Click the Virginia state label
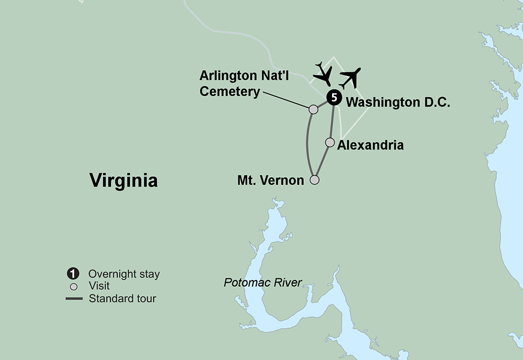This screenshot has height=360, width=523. [x=123, y=181]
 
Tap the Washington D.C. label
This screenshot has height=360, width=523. [x=398, y=102]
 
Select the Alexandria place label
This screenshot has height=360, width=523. [x=370, y=145]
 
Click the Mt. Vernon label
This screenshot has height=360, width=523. [x=270, y=181]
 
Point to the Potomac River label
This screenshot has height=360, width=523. [x=263, y=283]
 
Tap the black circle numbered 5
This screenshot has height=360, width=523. [x=334, y=97]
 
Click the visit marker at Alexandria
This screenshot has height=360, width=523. [x=330, y=142]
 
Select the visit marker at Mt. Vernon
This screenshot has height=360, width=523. [x=314, y=180]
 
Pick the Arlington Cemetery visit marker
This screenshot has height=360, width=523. [x=313, y=109]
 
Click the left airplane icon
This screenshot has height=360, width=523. [x=323, y=74]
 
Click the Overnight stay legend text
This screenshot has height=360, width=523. [x=124, y=274]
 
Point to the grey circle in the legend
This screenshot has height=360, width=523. [x=74, y=287]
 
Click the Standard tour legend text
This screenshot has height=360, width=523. [x=122, y=299]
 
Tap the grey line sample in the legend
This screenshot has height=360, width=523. [x=74, y=299]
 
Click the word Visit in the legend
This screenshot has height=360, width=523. [x=99, y=287]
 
